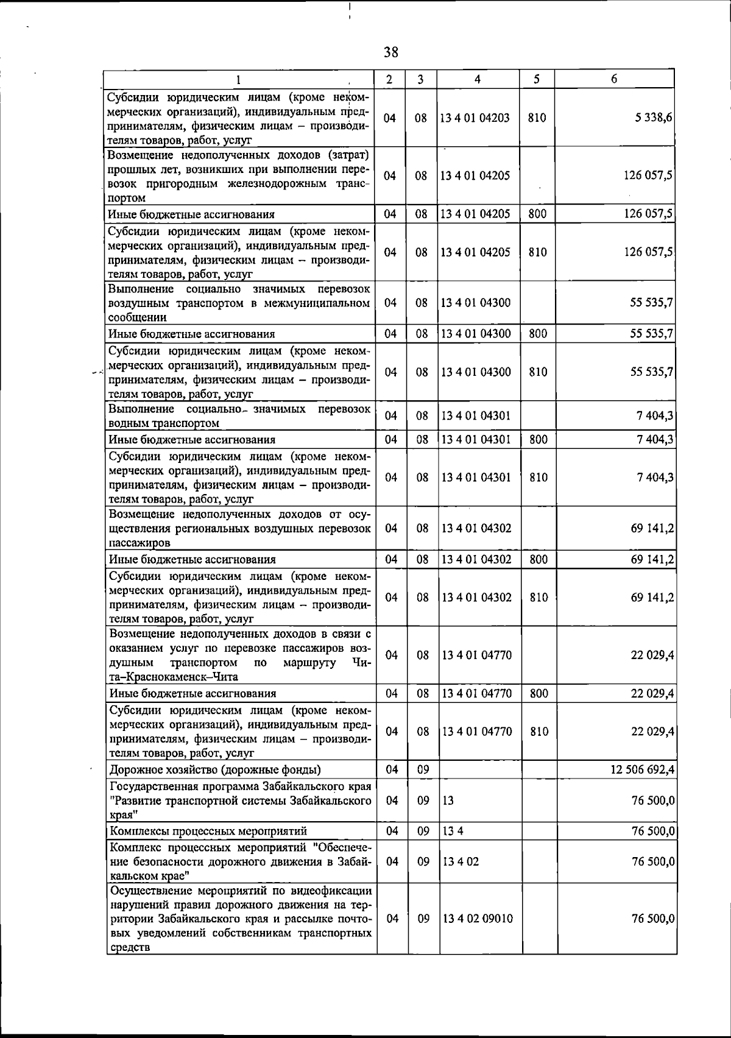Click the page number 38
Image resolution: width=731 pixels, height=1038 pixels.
click(x=391, y=52)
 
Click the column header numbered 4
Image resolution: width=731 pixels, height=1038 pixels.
click(x=478, y=79)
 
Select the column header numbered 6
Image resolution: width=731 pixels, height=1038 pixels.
click(x=615, y=79)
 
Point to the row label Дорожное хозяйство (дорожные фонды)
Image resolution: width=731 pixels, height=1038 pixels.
click(x=215, y=770)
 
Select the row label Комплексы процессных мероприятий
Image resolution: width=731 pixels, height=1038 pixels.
click(x=208, y=831)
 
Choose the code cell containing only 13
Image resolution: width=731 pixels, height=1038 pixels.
click(x=448, y=801)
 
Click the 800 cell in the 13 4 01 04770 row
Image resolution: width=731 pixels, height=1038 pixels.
click(x=539, y=693)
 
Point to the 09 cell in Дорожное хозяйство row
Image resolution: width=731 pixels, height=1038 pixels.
click(x=423, y=770)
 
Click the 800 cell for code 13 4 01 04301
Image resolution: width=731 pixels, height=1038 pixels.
click(x=538, y=439)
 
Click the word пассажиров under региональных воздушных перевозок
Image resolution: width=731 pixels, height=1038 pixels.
click(x=139, y=543)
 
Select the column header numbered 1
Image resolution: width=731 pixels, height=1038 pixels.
click(x=239, y=79)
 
